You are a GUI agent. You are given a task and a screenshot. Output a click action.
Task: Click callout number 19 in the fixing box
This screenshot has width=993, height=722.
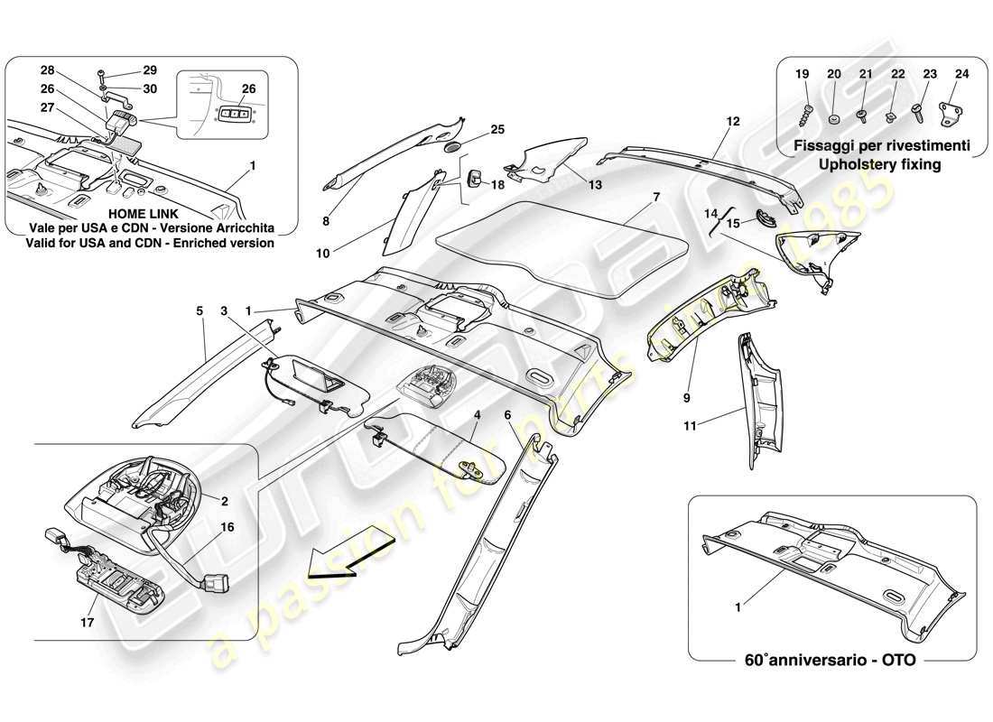click(801, 75)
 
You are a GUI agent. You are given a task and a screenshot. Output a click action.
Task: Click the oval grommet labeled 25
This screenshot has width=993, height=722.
click(454, 146)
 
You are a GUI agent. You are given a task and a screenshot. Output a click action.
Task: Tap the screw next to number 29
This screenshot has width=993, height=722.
click(101, 69)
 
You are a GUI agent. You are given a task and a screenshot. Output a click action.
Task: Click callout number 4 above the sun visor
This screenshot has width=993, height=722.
click(477, 413)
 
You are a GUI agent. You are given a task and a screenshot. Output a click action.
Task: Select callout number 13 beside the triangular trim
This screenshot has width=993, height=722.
click(595, 184)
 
